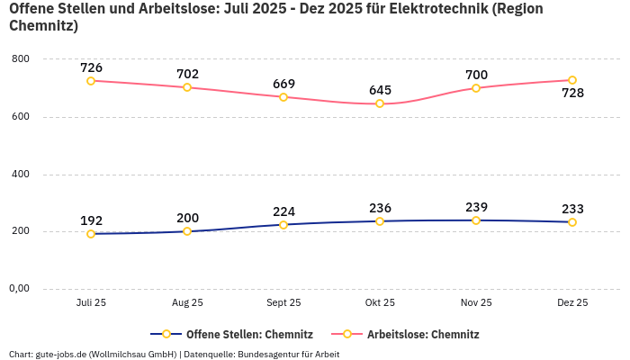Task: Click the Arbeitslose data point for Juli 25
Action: click(91, 81)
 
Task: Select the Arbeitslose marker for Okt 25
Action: click(380, 103)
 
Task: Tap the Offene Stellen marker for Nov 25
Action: click(476, 220)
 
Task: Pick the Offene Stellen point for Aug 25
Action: click(187, 231)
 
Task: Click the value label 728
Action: click(572, 94)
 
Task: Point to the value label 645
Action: click(380, 90)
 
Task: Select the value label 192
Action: click(91, 220)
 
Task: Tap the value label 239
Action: click(476, 207)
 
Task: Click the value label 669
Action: click(283, 85)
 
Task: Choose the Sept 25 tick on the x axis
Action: click(283, 303)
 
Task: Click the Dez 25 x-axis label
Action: click(572, 303)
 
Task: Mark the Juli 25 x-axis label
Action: click(91, 303)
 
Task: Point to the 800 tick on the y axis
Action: click(20, 59)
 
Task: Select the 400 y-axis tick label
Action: click(20, 174)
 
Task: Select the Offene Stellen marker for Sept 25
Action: click(283, 225)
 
